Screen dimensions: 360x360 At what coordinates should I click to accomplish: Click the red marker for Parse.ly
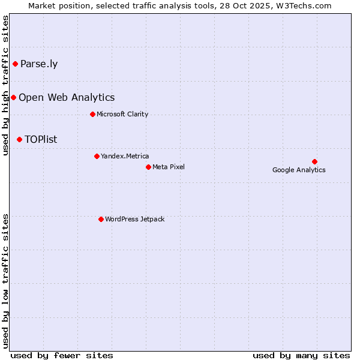point(15,64)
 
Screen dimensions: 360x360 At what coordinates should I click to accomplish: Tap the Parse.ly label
point(39,64)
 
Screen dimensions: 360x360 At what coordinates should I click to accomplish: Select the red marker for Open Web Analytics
point(13,97)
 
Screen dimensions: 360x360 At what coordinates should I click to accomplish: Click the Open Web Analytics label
point(67,98)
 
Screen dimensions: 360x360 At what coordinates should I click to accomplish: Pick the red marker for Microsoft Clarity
point(92,114)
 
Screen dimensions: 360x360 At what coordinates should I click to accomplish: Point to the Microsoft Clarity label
point(122,115)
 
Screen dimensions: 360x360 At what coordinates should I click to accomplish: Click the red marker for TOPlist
point(19,139)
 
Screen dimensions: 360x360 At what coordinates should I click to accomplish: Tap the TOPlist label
point(41,140)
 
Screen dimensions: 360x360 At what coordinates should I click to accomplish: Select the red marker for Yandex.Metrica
point(97,156)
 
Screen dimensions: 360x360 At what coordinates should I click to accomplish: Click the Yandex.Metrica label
point(125,157)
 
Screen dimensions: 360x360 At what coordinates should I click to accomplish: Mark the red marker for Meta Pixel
point(148,167)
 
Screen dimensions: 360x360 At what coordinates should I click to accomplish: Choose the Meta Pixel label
point(169,167)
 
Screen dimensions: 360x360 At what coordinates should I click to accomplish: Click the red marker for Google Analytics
point(314,161)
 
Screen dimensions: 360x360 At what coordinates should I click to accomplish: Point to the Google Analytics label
point(299,170)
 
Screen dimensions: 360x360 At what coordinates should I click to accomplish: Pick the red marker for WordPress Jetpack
point(101,219)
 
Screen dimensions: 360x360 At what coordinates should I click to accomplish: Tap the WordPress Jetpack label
point(134,220)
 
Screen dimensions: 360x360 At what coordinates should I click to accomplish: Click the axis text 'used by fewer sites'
point(62,355)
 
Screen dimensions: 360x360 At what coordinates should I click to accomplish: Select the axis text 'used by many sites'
point(301,355)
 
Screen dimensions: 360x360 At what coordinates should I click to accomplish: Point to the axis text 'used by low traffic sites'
point(6,281)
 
